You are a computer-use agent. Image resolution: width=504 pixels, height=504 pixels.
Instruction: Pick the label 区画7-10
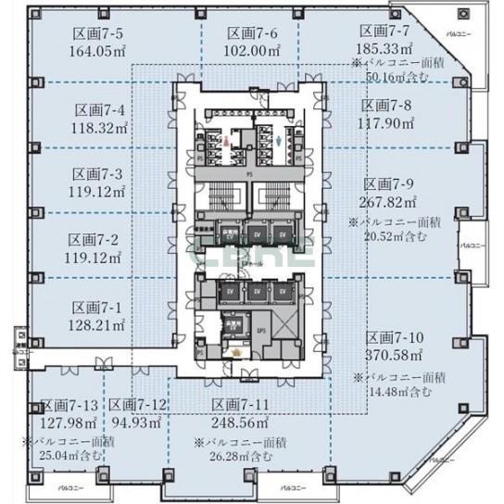point(394,337)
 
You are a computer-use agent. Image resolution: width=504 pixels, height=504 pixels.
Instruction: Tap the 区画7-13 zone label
point(69,406)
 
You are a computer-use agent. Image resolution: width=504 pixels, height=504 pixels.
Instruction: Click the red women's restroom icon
point(225,140)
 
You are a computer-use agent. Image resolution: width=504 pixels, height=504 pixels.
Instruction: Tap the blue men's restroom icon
point(280,141)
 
